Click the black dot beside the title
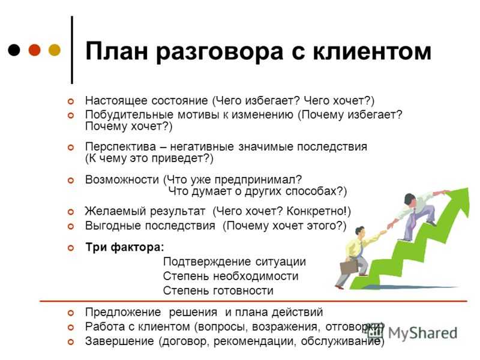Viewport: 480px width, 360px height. pos(14,50)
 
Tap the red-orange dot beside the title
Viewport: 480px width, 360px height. pos(34,50)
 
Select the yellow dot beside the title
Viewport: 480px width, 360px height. pos(55,50)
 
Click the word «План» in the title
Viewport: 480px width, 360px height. pos(116,51)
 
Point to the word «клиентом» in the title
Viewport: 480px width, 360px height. pos(372,51)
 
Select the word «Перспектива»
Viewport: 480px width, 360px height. pos(121,146)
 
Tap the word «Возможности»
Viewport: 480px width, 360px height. pos(122,179)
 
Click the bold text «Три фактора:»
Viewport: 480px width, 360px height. pos(125,247)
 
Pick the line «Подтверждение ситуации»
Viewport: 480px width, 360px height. pos(235,262)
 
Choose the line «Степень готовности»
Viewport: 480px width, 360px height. pos(218,290)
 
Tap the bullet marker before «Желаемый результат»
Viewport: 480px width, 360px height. pos(71,212)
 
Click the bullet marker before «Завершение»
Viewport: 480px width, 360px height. pos(71,341)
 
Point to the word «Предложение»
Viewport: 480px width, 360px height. pos(123,313)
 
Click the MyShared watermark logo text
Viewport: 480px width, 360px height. pos(423,333)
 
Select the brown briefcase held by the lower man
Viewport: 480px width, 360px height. pos(349,267)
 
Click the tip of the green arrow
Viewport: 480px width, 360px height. pos(468,188)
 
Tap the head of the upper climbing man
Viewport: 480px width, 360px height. pos(409,199)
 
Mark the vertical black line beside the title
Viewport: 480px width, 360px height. pos(72,50)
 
